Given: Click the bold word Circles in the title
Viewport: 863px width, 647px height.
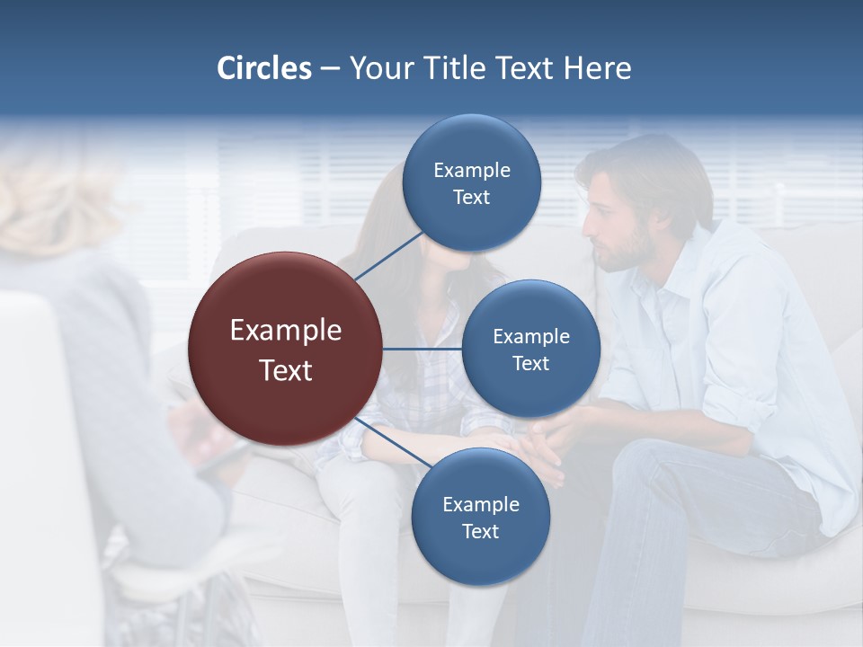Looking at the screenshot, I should click(x=264, y=68).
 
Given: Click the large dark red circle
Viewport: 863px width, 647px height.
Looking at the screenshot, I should click(x=286, y=350).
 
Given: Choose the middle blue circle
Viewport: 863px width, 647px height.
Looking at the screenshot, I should click(x=531, y=349).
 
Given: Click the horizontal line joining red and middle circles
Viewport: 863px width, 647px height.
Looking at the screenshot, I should click(x=423, y=349).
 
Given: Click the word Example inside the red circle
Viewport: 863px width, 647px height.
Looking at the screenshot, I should click(x=286, y=331).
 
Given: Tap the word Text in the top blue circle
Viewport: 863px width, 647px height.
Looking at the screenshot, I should click(x=471, y=198).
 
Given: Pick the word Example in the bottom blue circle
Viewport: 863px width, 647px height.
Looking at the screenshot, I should click(x=480, y=504).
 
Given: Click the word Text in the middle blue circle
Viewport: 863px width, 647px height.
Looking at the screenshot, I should click(x=531, y=364).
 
